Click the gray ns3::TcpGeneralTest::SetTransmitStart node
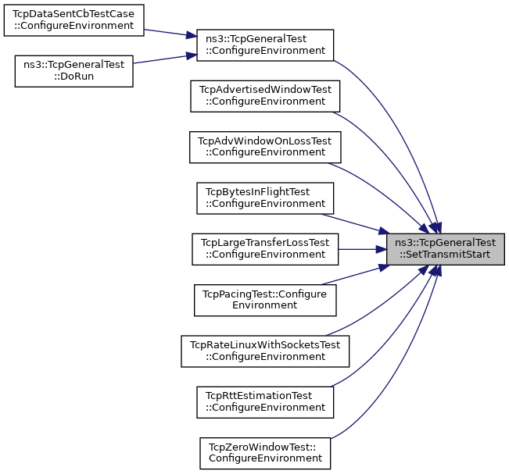click(x=446, y=249)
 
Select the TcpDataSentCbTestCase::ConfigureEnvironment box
click(x=73, y=20)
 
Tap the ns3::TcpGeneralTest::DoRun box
click(x=73, y=71)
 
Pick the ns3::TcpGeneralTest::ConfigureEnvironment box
click(x=265, y=45)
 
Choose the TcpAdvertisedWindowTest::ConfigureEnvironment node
click(x=265, y=96)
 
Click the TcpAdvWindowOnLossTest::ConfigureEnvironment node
click(x=265, y=147)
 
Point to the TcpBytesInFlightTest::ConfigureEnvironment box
click(x=265, y=198)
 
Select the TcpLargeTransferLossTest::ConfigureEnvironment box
click(x=265, y=249)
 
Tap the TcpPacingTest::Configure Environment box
click(x=265, y=300)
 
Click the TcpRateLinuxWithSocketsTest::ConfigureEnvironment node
click(x=265, y=351)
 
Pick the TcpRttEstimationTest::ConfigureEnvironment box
click(x=265, y=402)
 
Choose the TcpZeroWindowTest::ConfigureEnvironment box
click(x=265, y=453)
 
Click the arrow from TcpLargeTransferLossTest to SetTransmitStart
click(x=362, y=249)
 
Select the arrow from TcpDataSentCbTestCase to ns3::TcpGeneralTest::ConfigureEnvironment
click(x=170, y=33)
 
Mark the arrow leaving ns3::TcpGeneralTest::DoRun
click(x=165, y=59)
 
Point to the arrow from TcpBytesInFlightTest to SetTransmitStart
click(x=356, y=223)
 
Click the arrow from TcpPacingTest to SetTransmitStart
click(x=356, y=275)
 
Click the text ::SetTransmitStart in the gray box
click(x=445, y=255)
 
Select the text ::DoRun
click(x=73, y=77)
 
